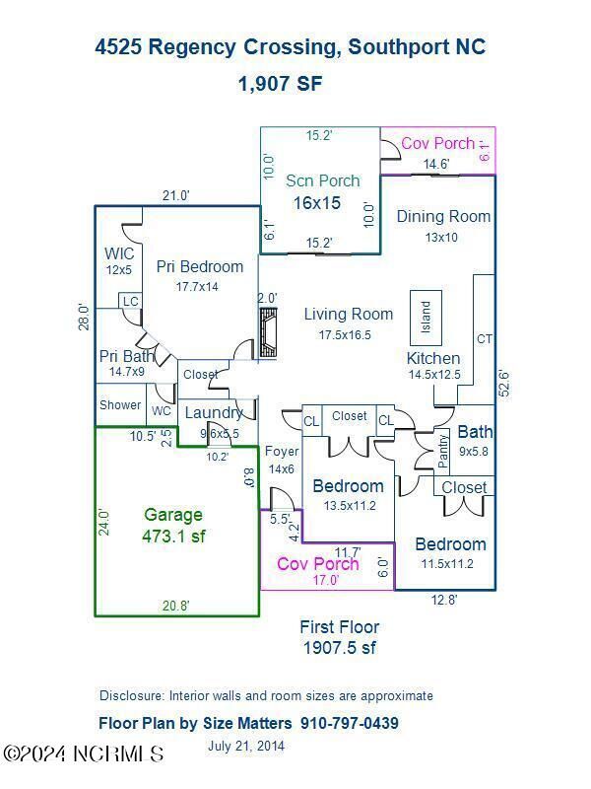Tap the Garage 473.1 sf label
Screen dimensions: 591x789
coord(173,526)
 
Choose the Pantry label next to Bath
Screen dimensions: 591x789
coord(442,451)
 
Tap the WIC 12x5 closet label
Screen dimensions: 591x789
coord(119,260)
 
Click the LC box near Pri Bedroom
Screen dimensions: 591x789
coord(130,300)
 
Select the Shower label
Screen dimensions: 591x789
coord(119,405)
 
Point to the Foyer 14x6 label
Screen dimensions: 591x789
coord(281,460)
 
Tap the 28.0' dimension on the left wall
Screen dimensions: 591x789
coord(85,316)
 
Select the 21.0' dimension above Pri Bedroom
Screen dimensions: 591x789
coord(175,196)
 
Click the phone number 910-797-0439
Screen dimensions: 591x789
coord(351,723)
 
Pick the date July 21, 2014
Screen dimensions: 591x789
coord(246,746)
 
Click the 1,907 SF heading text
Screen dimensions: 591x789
coord(280,84)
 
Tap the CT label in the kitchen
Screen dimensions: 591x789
coord(484,339)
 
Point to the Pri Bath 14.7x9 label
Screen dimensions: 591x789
coord(127,363)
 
